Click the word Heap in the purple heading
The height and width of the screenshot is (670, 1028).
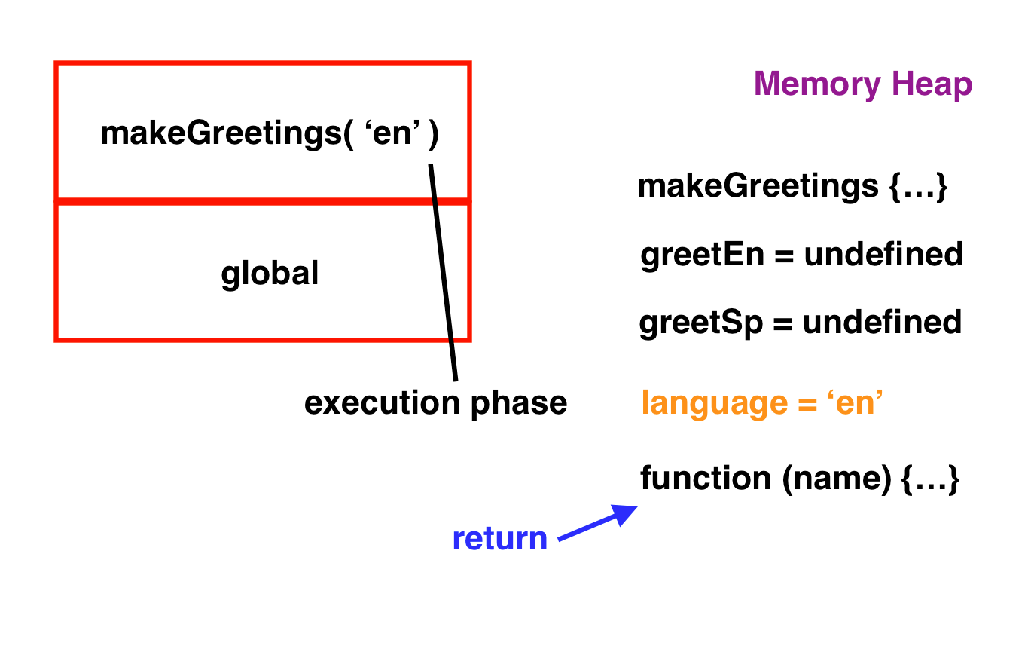[932, 85]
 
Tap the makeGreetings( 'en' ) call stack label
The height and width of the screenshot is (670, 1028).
[270, 133]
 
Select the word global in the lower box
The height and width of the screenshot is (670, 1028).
[270, 274]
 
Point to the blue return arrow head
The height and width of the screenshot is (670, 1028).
[624, 514]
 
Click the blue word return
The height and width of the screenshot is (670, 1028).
[500, 539]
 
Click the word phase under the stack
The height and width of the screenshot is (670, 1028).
[519, 404]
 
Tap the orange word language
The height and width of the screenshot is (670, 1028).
[715, 404]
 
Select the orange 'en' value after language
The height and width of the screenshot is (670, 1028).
[855, 402]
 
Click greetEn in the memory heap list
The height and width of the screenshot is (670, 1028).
[702, 255]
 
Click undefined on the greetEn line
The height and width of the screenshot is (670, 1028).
[883, 254]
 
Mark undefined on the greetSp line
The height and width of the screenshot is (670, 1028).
[882, 322]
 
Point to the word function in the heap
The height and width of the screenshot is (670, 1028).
[706, 478]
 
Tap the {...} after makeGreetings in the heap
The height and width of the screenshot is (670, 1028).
[918, 187]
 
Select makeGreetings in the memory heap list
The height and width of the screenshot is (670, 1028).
[758, 187]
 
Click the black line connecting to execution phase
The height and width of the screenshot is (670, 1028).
[444, 273]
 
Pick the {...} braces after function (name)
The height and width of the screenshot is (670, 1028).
[931, 479]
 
